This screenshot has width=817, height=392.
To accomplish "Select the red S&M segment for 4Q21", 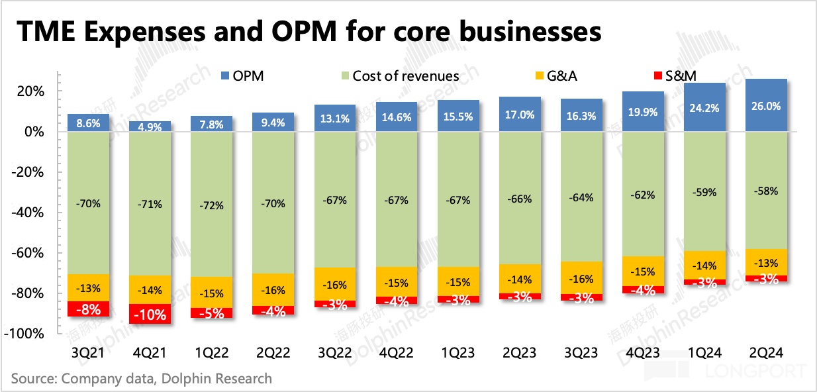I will (149, 314).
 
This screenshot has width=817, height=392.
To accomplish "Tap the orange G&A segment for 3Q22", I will (334, 284).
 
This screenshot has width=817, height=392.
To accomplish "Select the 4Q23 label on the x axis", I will (643, 352).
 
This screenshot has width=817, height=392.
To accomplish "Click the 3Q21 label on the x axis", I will (87, 352).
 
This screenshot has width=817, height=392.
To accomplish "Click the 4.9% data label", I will (149, 127).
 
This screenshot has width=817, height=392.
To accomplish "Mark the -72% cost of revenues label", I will (211, 205).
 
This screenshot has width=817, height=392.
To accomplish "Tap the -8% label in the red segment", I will (87, 309).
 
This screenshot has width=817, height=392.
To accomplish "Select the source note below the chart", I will (142, 379).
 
